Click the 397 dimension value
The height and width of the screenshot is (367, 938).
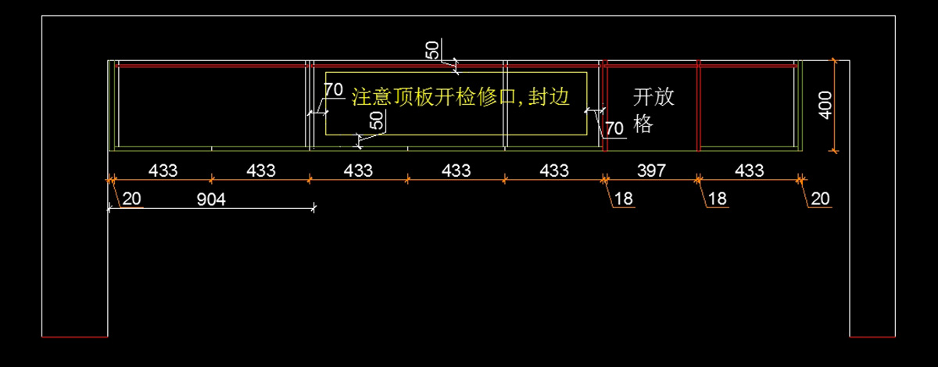point(651,170)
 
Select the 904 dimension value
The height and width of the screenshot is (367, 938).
point(211,200)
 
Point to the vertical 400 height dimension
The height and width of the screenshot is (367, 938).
point(825,105)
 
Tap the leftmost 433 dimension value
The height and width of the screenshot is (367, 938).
point(163,170)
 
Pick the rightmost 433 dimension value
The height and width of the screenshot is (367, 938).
point(750,170)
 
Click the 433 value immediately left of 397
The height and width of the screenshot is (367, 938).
point(554,170)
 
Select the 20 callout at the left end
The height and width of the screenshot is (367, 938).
point(132,200)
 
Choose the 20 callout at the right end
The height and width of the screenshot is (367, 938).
point(820,200)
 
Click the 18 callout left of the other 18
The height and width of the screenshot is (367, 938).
point(624,200)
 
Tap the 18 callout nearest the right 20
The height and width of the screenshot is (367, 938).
point(717,200)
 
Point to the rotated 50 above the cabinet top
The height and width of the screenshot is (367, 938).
point(432,50)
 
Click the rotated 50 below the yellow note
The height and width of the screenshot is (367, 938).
point(377,120)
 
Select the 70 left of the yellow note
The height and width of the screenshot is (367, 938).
point(334,90)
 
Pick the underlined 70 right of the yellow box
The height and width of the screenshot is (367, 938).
point(614,128)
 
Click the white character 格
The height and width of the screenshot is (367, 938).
point(643,124)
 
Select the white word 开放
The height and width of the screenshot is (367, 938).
point(653,97)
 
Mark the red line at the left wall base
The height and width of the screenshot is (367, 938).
point(74,336)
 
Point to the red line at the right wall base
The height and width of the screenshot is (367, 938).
point(872,336)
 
